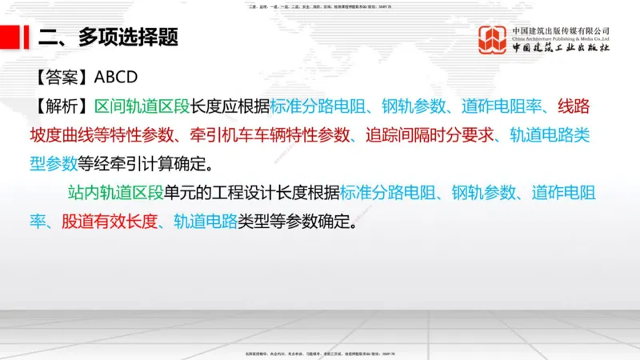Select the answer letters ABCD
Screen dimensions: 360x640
117,78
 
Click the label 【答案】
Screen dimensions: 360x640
62,78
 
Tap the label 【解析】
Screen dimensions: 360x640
62,106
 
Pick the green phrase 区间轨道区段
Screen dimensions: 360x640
142,106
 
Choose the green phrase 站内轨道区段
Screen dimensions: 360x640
116,193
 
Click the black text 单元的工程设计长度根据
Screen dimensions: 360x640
252,193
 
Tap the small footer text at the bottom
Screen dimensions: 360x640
320,353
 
